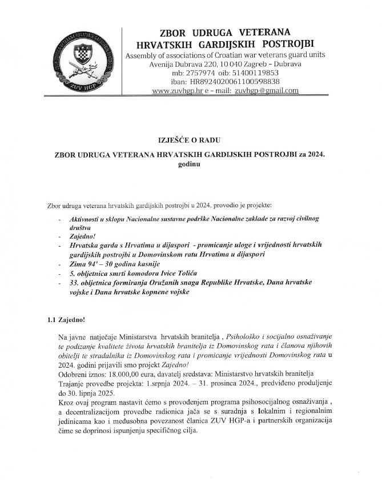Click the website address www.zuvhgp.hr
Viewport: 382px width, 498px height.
(174, 91)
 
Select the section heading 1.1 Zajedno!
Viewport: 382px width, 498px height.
(67, 321)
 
